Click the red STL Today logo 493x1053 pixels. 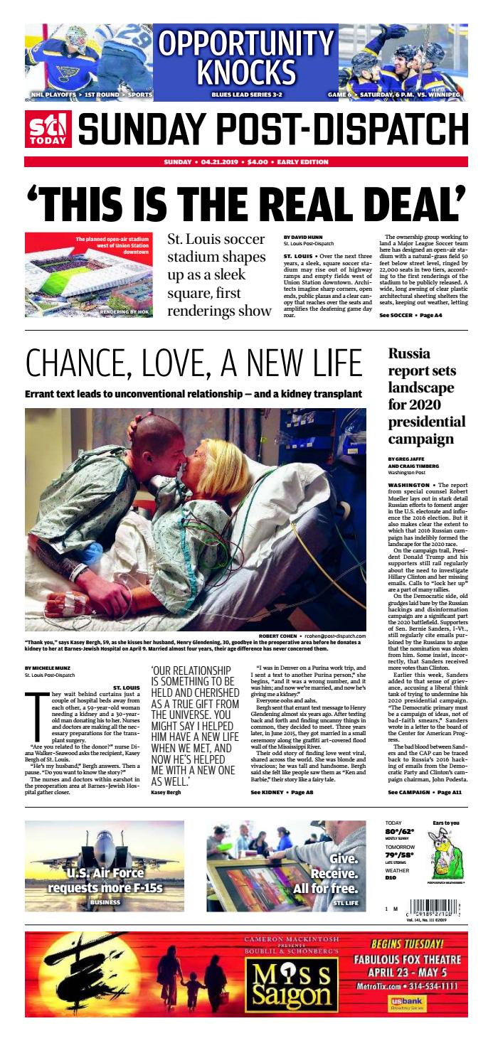click(49, 129)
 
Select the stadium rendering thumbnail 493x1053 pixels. click(88, 264)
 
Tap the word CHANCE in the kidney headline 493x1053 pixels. click(77, 364)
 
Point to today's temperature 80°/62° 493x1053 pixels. click(400, 831)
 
